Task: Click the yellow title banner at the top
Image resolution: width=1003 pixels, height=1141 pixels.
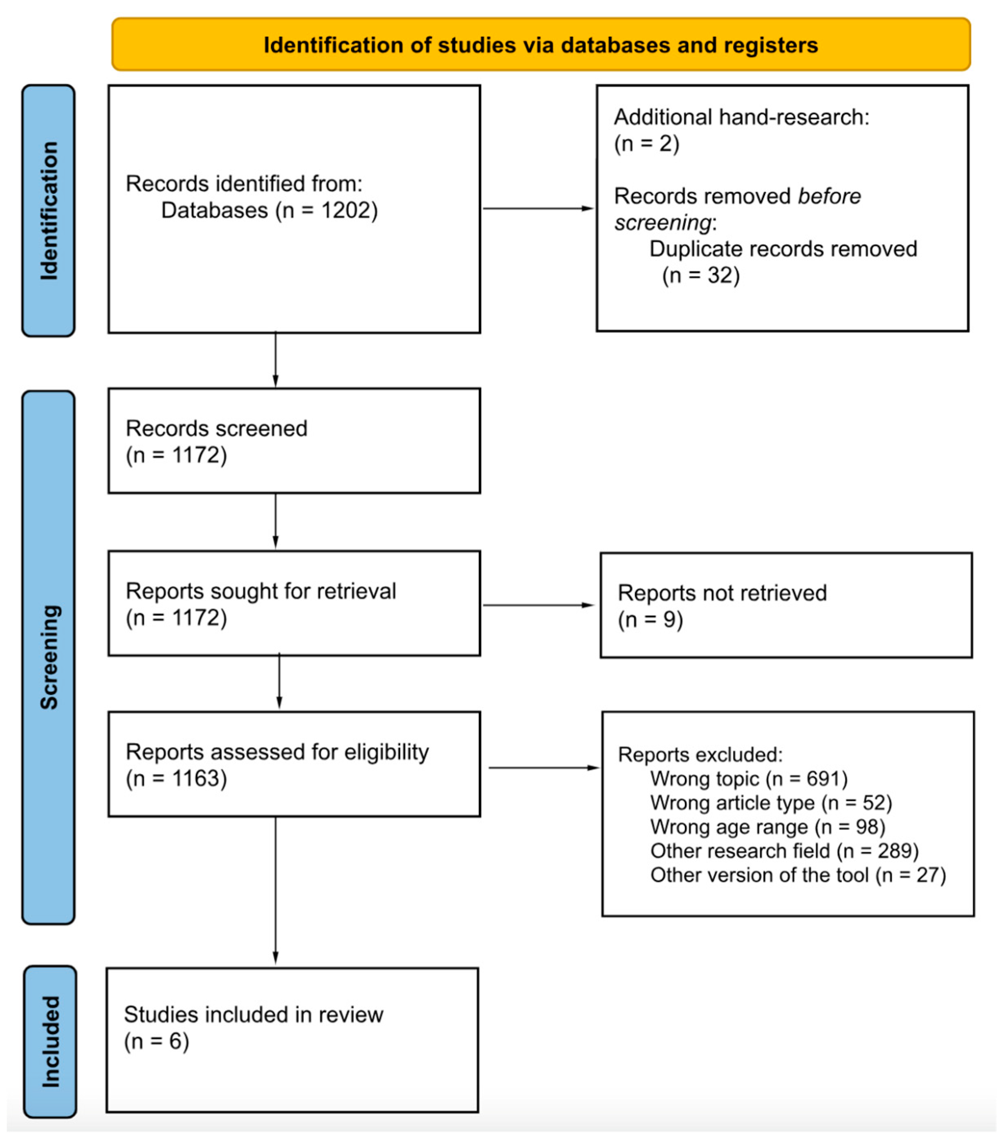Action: pyautogui.click(x=541, y=45)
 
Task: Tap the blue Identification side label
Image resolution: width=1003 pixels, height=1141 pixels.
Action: pyautogui.click(x=49, y=210)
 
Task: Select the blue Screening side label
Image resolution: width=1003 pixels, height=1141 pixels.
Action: pyautogui.click(x=49, y=657)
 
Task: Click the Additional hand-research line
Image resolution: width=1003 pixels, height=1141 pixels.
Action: pyautogui.click(x=741, y=118)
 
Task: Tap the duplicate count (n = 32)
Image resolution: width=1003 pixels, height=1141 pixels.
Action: pyautogui.click(x=700, y=275)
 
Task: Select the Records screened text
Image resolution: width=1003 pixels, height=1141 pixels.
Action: pyautogui.click(x=216, y=429)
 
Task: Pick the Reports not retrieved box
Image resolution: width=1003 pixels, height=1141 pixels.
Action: pyautogui.click(x=786, y=606)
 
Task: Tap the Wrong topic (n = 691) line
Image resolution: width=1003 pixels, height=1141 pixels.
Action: pyautogui.click(x=748, y=778)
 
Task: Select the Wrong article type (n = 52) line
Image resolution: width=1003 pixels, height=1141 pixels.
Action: pyautogui.click(x=771, y=803)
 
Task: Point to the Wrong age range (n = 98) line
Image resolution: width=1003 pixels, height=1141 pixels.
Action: pyautogui.click(x=767, y=827)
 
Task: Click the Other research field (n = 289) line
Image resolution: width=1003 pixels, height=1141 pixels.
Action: pyautogui.click(x=784, y=851)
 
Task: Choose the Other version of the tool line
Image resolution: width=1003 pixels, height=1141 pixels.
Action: pyautogui.click(x=797, y=875)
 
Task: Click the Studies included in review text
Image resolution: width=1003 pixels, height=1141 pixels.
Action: pyautogui.click(x=253, y=1015)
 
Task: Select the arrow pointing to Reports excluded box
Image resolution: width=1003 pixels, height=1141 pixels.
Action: pyautogui.click(x=543, y=768)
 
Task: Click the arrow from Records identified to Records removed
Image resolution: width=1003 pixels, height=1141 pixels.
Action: pyautogui.click(x=538, y=209)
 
